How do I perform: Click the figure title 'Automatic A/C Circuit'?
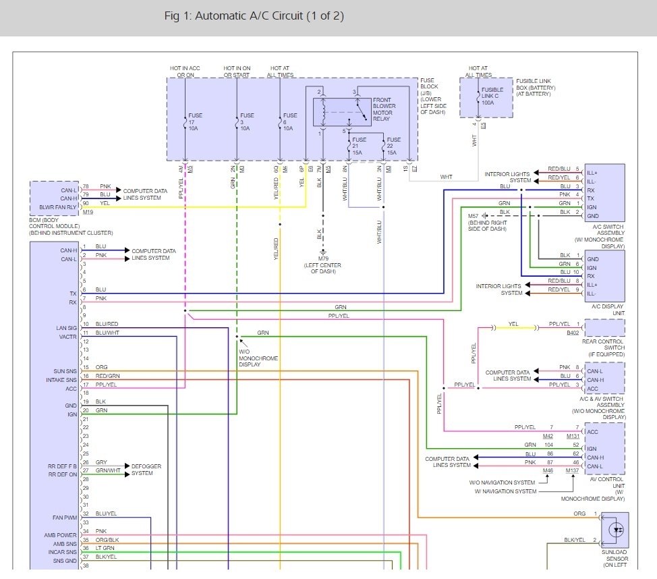254,16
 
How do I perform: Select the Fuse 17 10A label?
194,122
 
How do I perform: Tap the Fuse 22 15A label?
394,146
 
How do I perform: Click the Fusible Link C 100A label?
492,96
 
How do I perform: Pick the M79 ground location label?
323,265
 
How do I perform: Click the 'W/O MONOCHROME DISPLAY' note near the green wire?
258,358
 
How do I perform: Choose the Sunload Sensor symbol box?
614,530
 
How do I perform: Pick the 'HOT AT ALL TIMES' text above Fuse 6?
285,71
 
